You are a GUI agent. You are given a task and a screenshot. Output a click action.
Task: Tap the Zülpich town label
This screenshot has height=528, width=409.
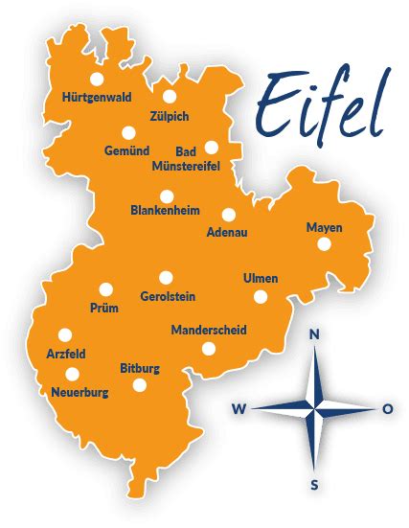pyautogui.click(x=170, y=116)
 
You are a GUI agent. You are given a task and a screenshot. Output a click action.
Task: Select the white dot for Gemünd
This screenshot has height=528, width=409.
pyautogui.click(x=128, y=133)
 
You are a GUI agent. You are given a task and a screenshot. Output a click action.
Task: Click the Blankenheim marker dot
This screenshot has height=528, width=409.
pyautogui.click(x=166, y=195)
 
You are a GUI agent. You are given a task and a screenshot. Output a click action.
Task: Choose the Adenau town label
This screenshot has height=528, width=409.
pyautogui.click(x=226, y=232)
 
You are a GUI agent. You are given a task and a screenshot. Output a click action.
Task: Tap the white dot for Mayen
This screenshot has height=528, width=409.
pyautogui.click(x=324, y=244)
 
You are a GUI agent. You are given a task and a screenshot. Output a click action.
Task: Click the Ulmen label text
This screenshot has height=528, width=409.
pyautogui.click(x=261, y=278)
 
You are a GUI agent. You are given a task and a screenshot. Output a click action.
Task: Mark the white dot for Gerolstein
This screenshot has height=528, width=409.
pyautogui.click(x=167, y=277)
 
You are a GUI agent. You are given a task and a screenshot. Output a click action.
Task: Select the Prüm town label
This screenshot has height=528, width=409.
pyautogui.click(x=102, y=308)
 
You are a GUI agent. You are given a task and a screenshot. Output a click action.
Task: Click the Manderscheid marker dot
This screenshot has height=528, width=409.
pyautogui.click(x=209, y=348)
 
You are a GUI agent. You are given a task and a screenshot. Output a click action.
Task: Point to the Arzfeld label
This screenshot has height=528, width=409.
pyautogui.click(x=66, y=354)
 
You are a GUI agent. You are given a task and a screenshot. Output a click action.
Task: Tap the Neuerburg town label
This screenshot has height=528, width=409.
pyautogui.click(x=79, y=392)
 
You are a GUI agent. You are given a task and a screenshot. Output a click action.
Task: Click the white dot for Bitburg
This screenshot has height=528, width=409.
pyautogui.click(x=140, y=385)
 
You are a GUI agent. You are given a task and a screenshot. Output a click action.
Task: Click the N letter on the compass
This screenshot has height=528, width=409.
pyautogui.click(x=313, y=334)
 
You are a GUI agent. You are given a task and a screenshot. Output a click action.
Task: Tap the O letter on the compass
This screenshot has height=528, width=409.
pyautogui.click(x=387, y=408)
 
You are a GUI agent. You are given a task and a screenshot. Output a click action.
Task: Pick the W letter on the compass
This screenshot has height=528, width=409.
pyautogui.click(x=239, y=409)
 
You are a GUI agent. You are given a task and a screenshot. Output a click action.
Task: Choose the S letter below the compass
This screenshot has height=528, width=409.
pyautogui.click(x=314, y=484)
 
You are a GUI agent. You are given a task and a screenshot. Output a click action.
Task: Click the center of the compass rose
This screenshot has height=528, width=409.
pyautogui.click(x=313, y=409)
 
